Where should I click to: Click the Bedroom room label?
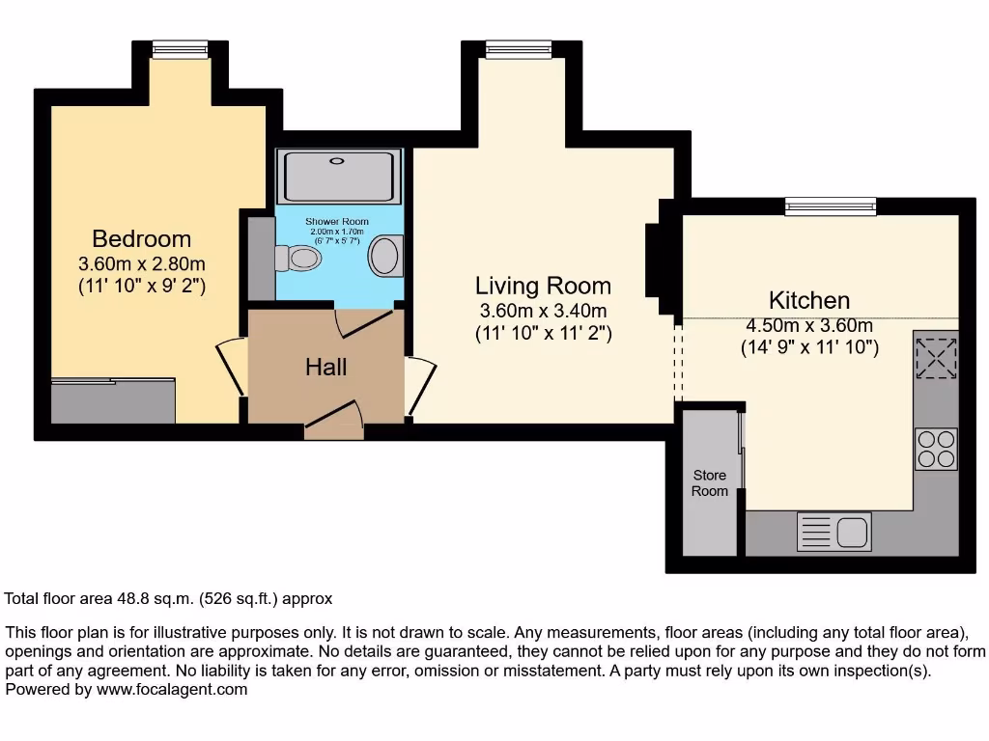coord(141,238)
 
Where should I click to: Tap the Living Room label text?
coord(543,286)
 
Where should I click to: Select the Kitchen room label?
coord(809,299)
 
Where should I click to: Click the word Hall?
coord(325,367)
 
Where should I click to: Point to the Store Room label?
coord(709,483)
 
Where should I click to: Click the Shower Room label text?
coord(337,222)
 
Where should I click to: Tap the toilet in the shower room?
coord(298,259)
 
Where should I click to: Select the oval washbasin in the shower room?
coord(384,258)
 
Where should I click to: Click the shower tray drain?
coord(338,162)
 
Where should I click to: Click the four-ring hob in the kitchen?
coord(935,449)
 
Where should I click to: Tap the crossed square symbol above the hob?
coord(935,359)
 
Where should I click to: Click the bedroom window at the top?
coord(181,47)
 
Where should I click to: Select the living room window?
coord(518,47)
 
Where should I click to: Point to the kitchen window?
coord(830,205)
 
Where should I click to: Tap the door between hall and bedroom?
coord(232,368)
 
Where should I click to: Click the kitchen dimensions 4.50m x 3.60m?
coord(809,325)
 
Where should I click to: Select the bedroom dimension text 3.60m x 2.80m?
coord(141,263)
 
